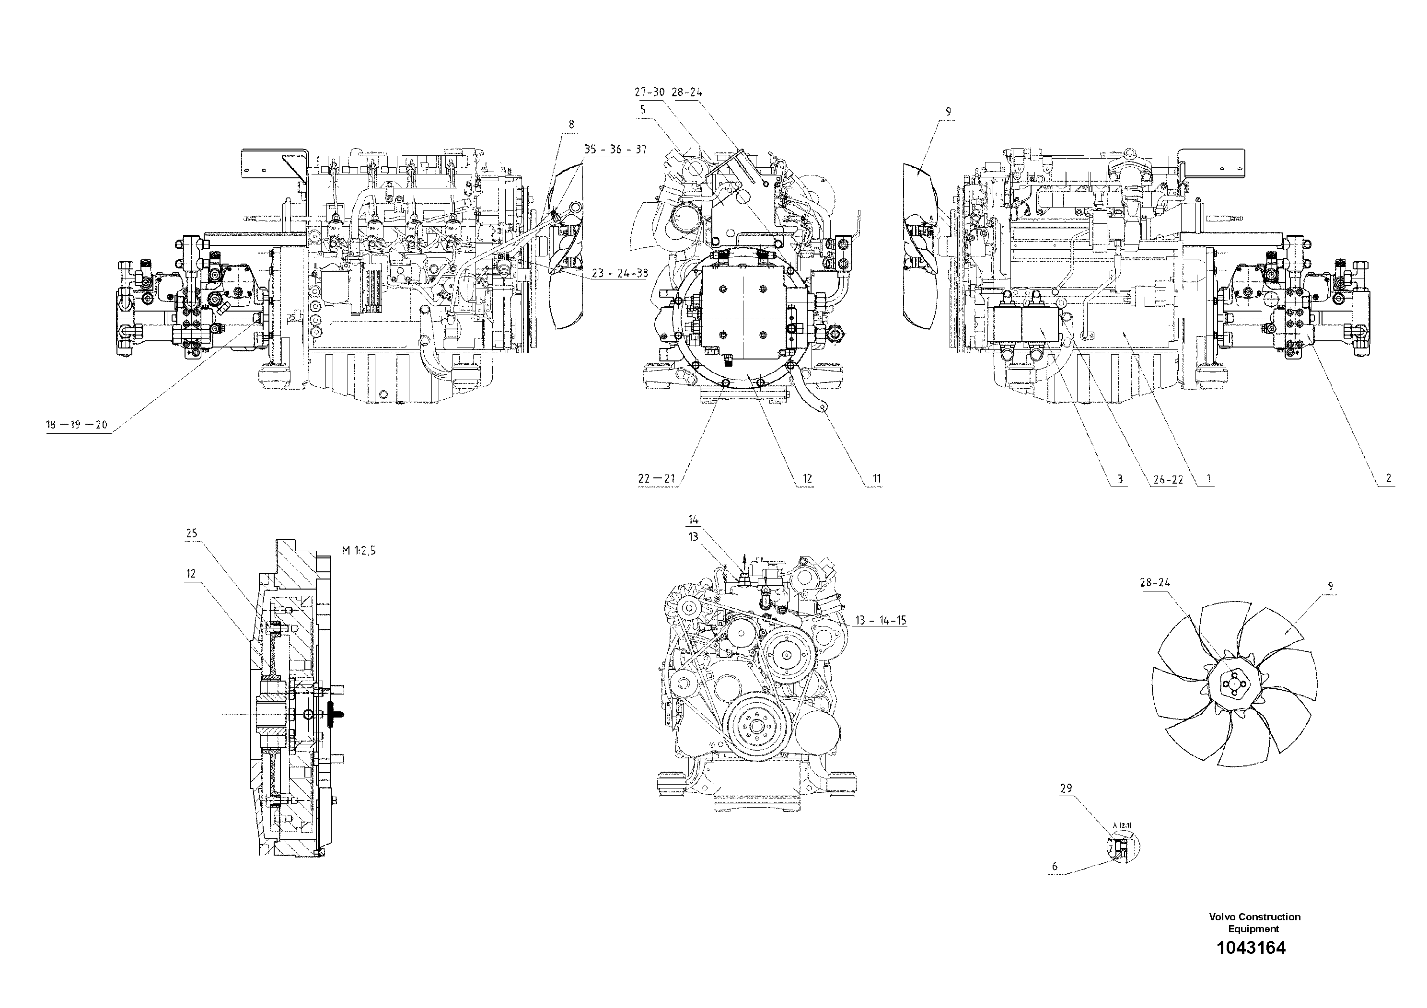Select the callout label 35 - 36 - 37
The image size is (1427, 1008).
(615, 150)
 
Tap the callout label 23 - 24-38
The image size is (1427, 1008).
(620, 273)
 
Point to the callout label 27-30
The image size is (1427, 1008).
(650, 92)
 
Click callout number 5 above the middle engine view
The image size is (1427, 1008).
(643, 109)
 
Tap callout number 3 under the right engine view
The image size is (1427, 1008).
(1120, 479)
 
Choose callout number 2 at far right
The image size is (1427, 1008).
(1388, 478)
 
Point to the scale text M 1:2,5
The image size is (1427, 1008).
(359, 550)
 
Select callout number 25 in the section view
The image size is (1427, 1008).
(191, 533)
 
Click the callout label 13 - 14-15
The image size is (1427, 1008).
(881, 620)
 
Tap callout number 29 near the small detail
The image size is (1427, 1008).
(1066, 788)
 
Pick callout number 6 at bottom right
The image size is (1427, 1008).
(1055, 866)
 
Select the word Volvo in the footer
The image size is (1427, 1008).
(1222, 916)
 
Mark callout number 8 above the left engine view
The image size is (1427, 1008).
(571, 124)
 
